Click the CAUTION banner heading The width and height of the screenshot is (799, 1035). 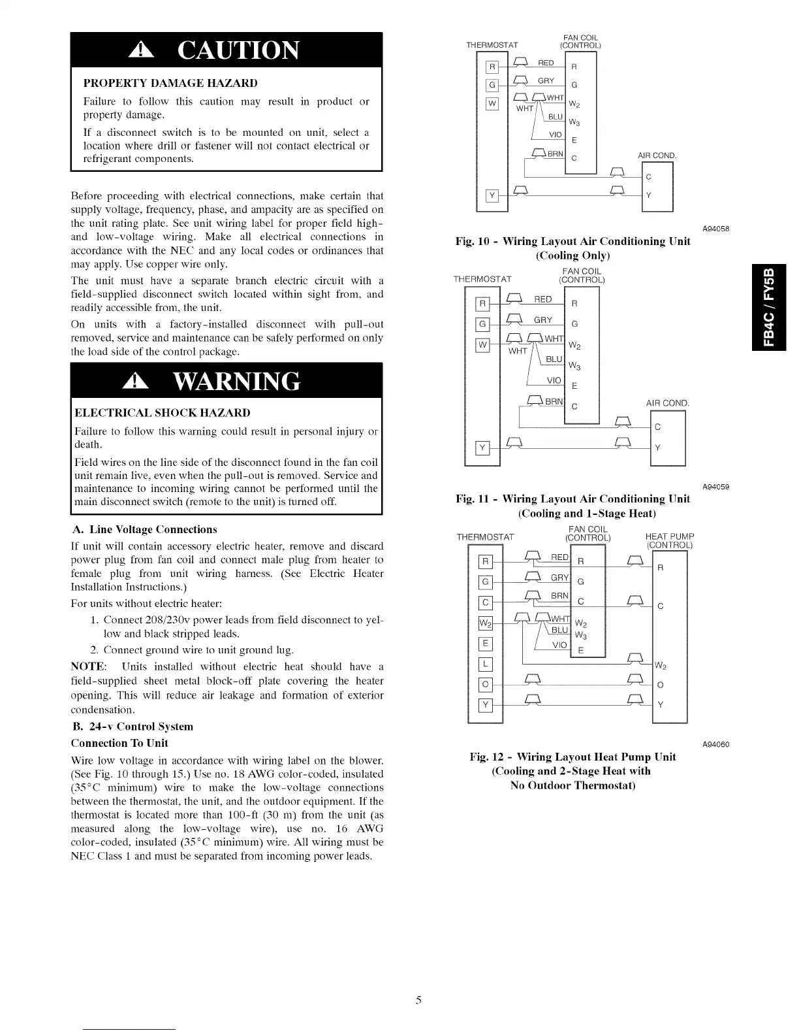(x=226, y=50)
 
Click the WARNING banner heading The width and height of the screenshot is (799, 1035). (x=226, y=381)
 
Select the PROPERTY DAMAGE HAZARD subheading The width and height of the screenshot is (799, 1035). (x=170, y=83)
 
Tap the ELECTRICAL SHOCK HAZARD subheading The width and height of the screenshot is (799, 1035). (x=163, y=413)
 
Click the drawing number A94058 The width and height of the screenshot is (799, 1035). (x=715, y=229)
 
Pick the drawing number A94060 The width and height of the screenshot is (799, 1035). (x=715, y=745)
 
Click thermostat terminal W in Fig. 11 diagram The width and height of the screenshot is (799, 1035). (x=483, y=345)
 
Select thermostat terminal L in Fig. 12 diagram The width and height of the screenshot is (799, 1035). (x=485, y=665)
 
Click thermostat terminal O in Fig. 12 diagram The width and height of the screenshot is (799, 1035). (x=485, y=685)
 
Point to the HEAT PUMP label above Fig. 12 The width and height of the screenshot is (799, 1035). (x=669, y=537)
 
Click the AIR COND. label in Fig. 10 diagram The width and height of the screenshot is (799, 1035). (x=657, y=156)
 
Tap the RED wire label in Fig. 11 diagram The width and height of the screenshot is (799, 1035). (x=543, y=299)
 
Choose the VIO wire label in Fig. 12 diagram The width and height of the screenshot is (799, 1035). (x=559, y=645)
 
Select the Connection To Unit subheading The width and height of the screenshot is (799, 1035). (x=119, y=743)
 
